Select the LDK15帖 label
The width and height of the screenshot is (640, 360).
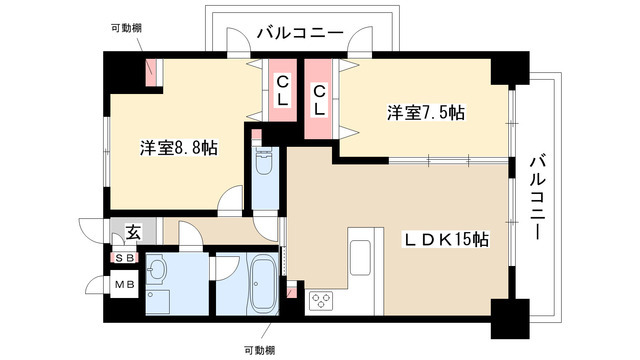pyautogui.click(x=446, y=240)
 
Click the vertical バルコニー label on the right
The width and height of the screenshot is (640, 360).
pyautogui.click(x=537, y=196)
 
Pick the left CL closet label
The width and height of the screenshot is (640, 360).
pyautogui.click(x=283, y=91)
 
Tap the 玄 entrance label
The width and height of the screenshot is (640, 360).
pyautogui.click(x=132, y=234)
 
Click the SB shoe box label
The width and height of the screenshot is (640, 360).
pyautogui.click(x=126, y=258)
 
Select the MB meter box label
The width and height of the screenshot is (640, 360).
pyautogui.click(x=126, y=286)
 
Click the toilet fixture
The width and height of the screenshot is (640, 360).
pyautogui.click(x=264, y=164)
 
